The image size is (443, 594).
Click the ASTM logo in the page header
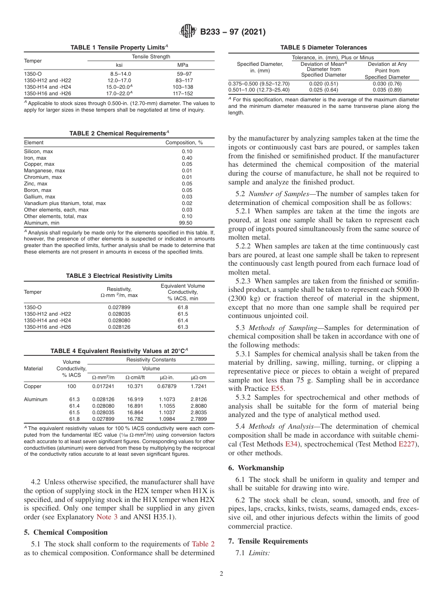pyautogui.click(x=188, y=32)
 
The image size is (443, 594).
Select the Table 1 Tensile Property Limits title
pyautogui.click(x=119, y=48)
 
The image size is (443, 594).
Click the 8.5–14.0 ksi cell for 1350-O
pyautogui.click(x=119, y=74)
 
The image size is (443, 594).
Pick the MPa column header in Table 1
pyautogui.click(x=183, y=65)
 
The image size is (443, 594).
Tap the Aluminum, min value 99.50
pyautogui.click(x=187, y=223)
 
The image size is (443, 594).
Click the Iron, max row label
pyautogui.click(x=35, y=158)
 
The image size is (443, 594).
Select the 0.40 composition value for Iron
pyautogui.click(x=187, y=158)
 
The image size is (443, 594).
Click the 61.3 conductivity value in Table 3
pyautogui.click(x=183, y=327)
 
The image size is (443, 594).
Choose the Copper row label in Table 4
pyautogui.click(x=33, y=386)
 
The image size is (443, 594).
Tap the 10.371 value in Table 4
pyautogui.click(x=135, y=386)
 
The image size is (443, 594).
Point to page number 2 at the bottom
pyautogui.click(x=221, y=574)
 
